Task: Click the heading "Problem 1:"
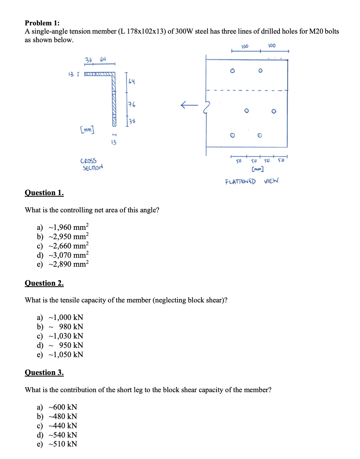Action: tap(42, 23)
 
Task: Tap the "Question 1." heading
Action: tap(44, 193)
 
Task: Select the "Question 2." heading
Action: tap(44, 283)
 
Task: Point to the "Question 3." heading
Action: tap(44, 373)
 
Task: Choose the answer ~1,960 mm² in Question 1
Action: tap(68, 227)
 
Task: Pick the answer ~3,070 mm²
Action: tap(68, 255)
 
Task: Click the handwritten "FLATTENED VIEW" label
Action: tap(251, 181)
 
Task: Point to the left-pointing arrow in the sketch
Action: tap(189, 105)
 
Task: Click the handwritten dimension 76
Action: tap(132, 105)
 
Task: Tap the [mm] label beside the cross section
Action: tap(87, 129)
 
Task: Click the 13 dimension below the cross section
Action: tap(113, 143)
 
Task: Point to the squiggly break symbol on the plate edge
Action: tap(206, 107)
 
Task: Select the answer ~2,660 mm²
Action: tap(68, 246)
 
